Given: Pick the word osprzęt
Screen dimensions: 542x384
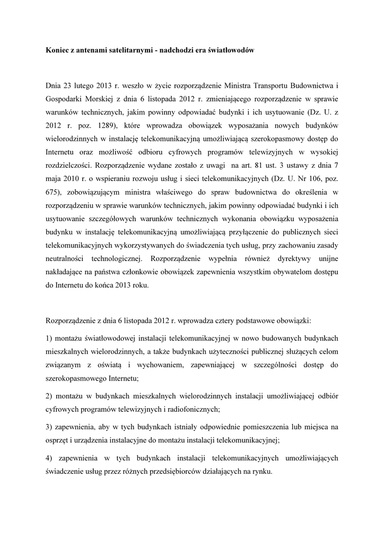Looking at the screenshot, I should point(58,440).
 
